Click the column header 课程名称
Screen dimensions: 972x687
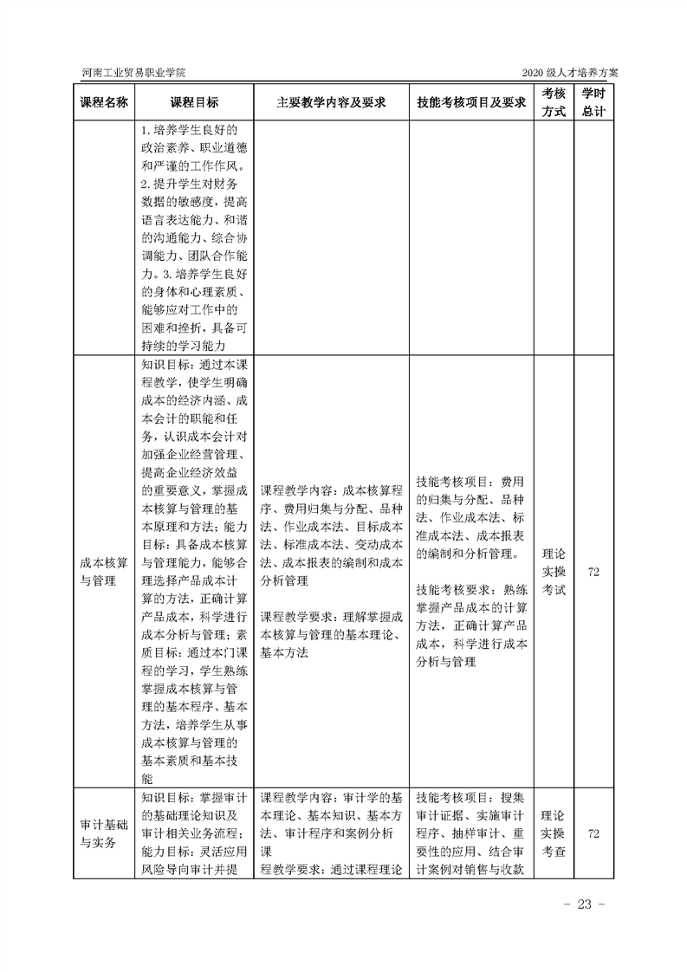coord(104,102)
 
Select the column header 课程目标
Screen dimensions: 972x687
coord(194,102)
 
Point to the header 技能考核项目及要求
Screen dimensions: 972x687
coord(471,102)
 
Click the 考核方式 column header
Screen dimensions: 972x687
coord(554,102)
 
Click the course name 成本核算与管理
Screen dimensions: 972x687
coord(104,572)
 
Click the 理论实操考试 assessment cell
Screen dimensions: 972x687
coord(554,572)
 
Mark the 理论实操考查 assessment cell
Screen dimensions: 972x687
coord(554,833)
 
